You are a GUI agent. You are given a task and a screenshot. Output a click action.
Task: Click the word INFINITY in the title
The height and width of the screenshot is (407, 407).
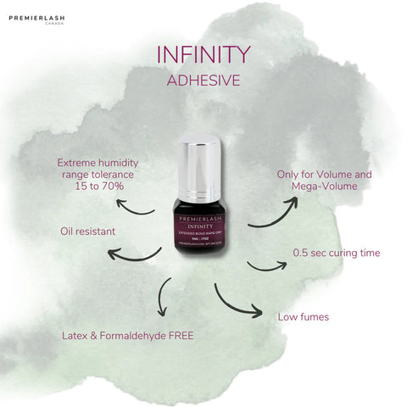pyautogui.click(x=203, y=54)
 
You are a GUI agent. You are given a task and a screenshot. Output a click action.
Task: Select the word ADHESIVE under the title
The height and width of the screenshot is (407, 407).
pyautogui.click(x=203, y=82)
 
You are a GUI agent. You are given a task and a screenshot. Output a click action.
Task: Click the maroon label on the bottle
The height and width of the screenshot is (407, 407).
pyautogui.click(x=203, y=226)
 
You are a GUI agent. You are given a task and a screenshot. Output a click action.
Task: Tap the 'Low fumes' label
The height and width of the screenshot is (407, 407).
pyautogui.click(x=304, y=318)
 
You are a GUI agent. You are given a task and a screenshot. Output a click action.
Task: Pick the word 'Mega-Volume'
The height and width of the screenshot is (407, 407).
pyautogui.click(x=325, y=188)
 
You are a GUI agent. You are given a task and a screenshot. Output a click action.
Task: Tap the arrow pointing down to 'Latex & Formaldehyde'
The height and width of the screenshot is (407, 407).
pyautogui.click(x=163, y=300)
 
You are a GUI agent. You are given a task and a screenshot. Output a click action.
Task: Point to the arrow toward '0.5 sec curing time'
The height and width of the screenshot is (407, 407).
pyautogui.click(x=266, y=265)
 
